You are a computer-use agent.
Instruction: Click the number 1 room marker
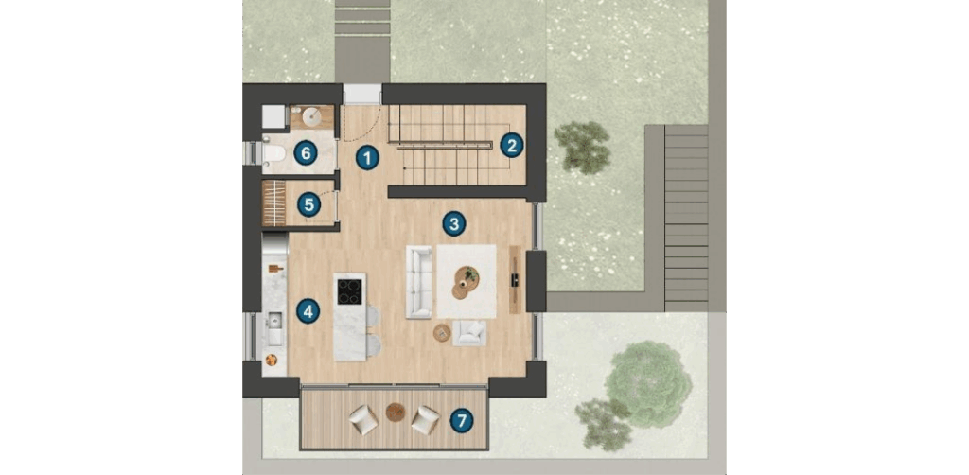tap(367, 159)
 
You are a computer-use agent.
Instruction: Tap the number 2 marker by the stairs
tap(512, 145)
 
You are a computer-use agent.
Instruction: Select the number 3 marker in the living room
tap(454, 223)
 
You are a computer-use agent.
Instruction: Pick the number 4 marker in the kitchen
tap(308, 311)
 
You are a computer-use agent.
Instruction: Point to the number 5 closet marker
tap(309, 204)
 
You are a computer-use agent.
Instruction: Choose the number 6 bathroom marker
tap(306, 152)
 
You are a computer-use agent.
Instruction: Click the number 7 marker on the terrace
tap(462, 421)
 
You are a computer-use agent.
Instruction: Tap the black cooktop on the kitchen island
tap(349, 291)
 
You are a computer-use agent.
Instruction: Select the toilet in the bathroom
tap(273, 153)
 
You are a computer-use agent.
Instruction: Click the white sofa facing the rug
tap(418, 282)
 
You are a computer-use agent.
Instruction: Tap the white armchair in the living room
tap(469, 334)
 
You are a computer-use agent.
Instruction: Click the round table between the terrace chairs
tap(396, 412)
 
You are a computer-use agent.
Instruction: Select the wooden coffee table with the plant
tap(466, 283)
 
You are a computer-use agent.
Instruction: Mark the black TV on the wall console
tap(514, 279)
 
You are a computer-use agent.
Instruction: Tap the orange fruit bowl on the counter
tap(271, 359)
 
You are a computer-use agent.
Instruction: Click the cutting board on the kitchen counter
tap(275, 268)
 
